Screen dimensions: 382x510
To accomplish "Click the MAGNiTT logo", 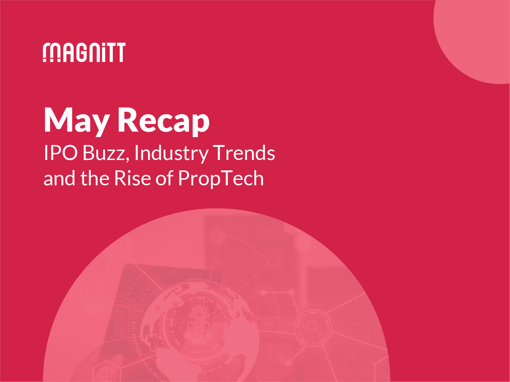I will click(x=84, y=53).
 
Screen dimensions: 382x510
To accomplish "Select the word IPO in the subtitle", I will click(x=61, y=153).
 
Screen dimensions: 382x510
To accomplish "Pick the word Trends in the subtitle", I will click(x=244, y=153).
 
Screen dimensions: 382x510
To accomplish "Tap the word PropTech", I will click(x=221, y=178).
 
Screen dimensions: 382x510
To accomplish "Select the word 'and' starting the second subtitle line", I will click(x=59, y=178).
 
